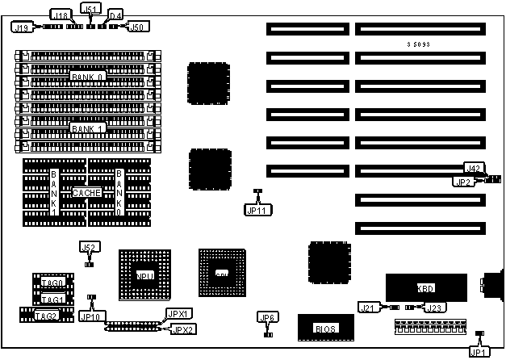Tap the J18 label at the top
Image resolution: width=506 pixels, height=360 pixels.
click(59, 15)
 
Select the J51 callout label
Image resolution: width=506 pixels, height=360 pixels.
click(92, 9)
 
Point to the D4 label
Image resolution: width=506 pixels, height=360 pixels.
click(115, 15)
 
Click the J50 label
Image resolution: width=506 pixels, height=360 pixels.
click(137, 27)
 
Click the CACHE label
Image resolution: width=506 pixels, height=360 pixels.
click(86, 194)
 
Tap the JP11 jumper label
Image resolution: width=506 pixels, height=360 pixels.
click(256, 209)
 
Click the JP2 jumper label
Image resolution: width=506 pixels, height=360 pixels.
click(462, 181)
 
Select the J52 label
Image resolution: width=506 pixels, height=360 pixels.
click(89, 247)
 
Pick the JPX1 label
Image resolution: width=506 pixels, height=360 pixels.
click(177, 314)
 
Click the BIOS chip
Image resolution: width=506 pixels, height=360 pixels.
click(325, 329)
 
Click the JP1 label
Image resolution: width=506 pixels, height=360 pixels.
click(479, 350)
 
